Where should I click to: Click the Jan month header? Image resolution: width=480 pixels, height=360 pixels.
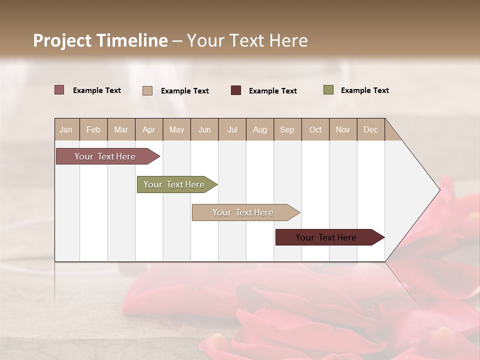point(66,129)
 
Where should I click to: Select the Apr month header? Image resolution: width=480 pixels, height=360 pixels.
point(148,129)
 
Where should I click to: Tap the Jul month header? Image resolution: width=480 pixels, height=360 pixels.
point(232,129)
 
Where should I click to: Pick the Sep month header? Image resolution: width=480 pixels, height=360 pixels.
point(287,129)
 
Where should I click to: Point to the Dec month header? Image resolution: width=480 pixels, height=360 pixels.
point(370,129)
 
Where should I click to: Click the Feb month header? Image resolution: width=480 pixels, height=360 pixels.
point(93,129)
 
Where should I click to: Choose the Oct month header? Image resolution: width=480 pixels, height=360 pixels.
point(315,129)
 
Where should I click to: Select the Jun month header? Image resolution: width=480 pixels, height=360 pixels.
point(204,129)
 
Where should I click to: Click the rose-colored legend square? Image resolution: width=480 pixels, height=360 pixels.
point(59,90)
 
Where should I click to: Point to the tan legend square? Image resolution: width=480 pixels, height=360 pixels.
point(147,90)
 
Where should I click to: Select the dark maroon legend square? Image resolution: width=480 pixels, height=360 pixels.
point(236,90)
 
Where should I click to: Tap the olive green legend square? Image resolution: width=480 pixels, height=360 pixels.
point(328,90)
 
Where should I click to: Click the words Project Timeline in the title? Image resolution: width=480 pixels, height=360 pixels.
point(100,40)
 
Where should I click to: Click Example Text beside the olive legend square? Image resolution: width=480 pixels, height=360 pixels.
point(364,90)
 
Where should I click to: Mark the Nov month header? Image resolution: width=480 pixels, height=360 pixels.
point(343,129)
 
